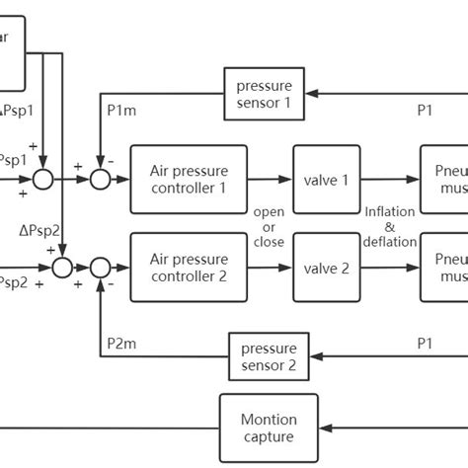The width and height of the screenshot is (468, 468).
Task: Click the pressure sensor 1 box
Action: point(258,94)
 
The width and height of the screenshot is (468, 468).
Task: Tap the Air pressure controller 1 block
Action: point(188,179)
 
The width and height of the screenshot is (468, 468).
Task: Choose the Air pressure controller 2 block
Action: point(188,267)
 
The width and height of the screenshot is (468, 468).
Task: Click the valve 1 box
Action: point(325,179)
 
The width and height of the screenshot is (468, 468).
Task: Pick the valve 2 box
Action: point(325,267)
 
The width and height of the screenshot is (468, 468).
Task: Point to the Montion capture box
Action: point(269,428)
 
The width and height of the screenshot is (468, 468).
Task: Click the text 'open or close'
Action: point(269,227)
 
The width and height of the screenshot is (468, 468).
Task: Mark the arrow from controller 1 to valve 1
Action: point(269,179)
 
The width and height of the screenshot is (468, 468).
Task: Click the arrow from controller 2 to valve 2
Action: point(269,267)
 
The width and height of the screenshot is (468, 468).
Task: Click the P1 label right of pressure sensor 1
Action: point(425,111)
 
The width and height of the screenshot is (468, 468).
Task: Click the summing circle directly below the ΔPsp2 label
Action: point(61,267)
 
